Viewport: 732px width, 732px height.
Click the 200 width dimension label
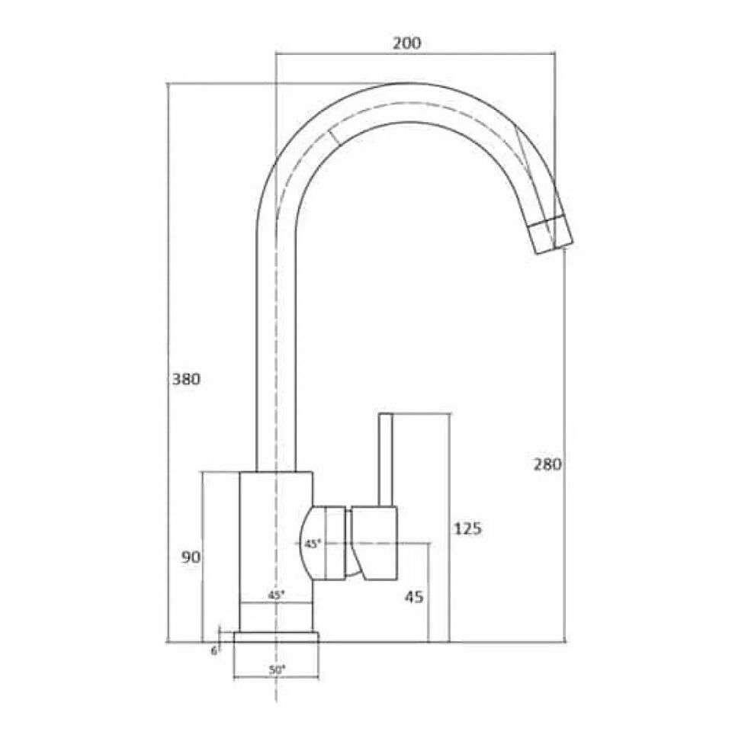tap(406, 43)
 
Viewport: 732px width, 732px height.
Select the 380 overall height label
tap(185, 379)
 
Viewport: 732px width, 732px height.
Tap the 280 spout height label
tap(547, 464)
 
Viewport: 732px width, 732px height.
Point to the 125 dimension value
tap(467, 528)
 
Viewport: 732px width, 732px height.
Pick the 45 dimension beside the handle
tap(413, 597)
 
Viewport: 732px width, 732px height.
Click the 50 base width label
tap(276, 669)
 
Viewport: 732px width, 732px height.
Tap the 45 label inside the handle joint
tap(312, 544)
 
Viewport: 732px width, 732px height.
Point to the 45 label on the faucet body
tap(276, 594)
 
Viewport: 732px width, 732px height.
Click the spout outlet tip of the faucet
tap(551, 234)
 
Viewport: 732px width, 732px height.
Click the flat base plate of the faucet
tap(276, 637)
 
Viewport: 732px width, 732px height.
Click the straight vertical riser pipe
tap(274, 343)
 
